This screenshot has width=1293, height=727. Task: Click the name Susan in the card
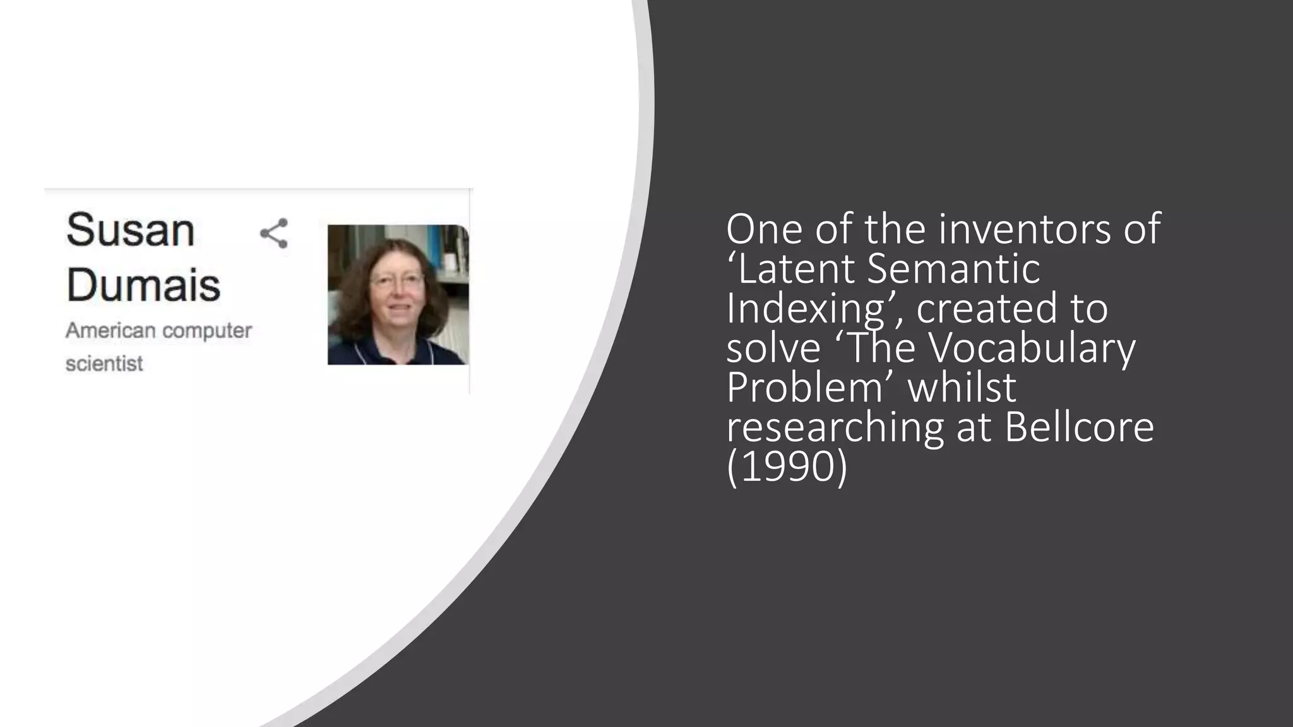tap(130, 230)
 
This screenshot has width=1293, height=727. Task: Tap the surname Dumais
tap(143, 285)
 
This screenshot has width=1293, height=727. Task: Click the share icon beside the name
tap(274, 233)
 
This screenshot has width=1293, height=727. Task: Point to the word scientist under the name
tap(104, 364)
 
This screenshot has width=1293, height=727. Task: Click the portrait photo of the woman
tap(398, 295)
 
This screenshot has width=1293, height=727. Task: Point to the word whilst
tap(962, 387)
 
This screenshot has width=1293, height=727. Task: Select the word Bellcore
tap(1079, 427)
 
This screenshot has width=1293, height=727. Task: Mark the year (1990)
tap(787, 467)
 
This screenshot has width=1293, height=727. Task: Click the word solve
tap(773, 348)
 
